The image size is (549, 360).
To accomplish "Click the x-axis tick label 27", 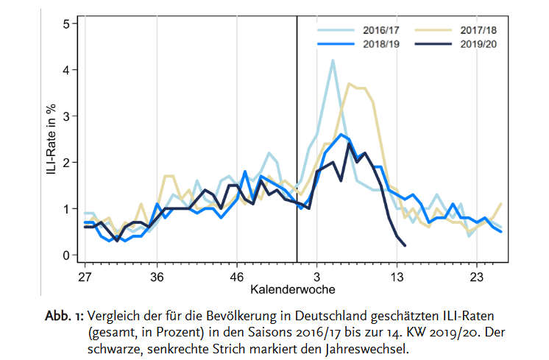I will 85,276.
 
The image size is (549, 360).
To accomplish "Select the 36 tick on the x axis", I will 157,276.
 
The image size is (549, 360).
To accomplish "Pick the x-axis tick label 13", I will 397,276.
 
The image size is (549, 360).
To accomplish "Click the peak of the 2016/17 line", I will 333,60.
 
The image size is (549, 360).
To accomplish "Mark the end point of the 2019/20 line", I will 405,245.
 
